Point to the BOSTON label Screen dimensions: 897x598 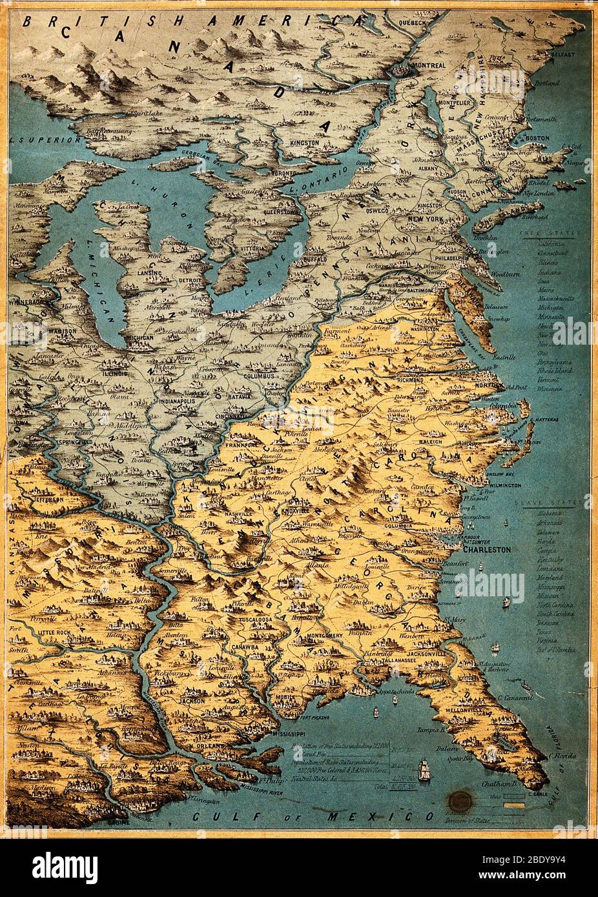coord(537,138)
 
